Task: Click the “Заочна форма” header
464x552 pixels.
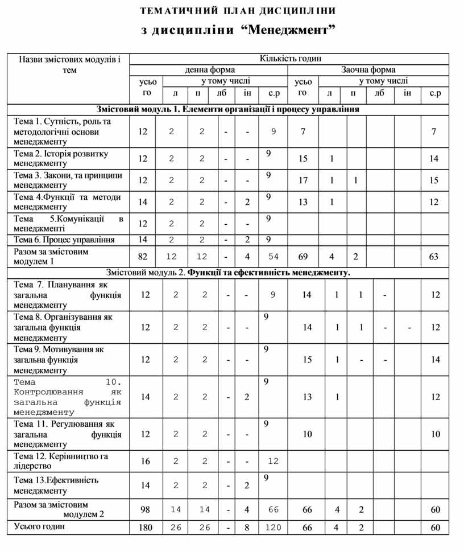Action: pyautogui.click(x=368, y=70)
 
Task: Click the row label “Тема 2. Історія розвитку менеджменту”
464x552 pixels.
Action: pyautogui.click(x=61, y=158)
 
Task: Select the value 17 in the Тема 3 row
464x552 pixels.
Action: pyautogui.click(x=303, y=180)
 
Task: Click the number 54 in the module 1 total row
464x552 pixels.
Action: pyautogui.click(x=273, y=257)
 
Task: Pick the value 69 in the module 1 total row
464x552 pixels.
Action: pyautogui.click(x=303, y=257)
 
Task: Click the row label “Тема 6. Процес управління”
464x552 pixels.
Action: pyautogui.click(x=64, y=240)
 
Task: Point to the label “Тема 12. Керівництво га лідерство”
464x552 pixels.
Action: pyautogui.click(x=61, y=461)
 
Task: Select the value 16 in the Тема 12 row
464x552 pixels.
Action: pyautogui.click(x=146, y=462)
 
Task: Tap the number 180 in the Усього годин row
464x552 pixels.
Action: pyautogui.click(x=146, y=528)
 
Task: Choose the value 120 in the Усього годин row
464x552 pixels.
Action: pyautogui.click(x=273, y=528)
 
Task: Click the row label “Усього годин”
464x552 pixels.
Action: pyautogui.click(x=39, y=526)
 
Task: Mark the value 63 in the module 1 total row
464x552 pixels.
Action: pyautogui.click(x=434, y=257)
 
